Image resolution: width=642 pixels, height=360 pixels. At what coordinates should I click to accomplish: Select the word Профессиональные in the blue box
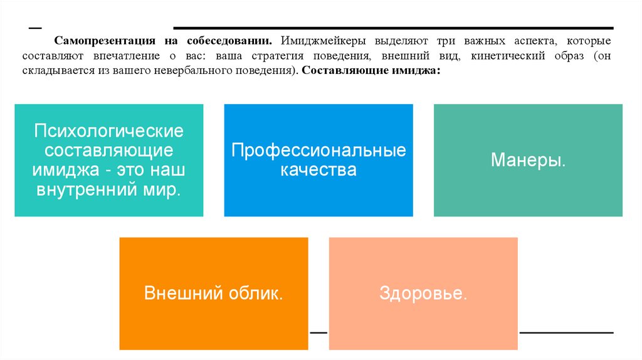[x=318, y=151]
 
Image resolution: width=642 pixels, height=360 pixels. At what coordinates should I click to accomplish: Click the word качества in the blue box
[x=318, y=170]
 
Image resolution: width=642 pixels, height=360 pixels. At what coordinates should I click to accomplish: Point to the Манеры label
[x=528, y=161]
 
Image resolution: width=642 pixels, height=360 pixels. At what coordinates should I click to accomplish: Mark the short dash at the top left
[x=35, y=29]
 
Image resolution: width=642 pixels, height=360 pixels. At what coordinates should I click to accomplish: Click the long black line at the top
[x=393, y=28]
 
